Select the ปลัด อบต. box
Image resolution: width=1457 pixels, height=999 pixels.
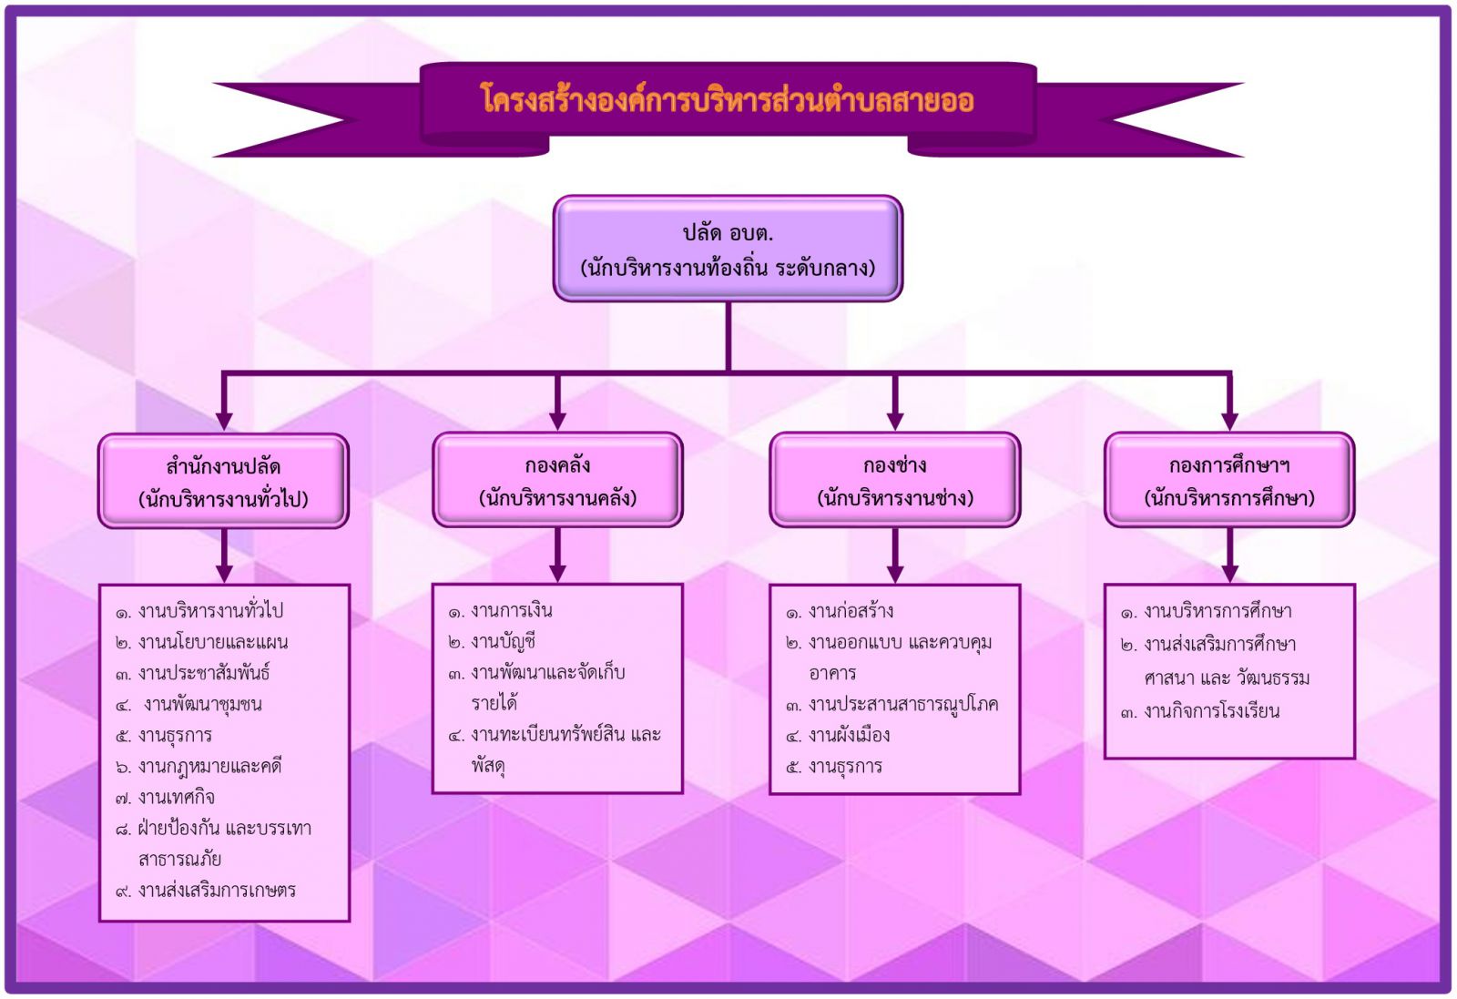click(728, 249)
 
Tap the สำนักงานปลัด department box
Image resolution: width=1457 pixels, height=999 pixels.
click(223, 482)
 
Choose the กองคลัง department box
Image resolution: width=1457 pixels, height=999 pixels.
click(557, 480)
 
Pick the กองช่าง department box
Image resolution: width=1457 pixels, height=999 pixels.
click(895, 480)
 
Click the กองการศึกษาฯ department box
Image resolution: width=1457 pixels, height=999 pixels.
click(1229, 480)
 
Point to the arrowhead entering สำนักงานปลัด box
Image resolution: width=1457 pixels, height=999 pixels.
click(224, 421)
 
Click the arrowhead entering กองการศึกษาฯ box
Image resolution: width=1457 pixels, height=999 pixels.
click(1229, 421)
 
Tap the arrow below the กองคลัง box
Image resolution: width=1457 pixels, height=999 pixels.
click(557, 555)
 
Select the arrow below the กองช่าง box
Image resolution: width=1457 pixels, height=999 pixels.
click(895, 555)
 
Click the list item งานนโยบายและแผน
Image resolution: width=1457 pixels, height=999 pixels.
click(201, 643)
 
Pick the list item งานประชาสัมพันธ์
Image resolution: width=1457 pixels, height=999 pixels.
click(192, 673)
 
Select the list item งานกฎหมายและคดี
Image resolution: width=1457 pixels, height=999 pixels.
click(199, 767)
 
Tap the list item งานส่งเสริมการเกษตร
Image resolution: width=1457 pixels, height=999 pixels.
click(206, 891)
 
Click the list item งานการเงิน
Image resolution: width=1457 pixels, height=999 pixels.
click(500, 611)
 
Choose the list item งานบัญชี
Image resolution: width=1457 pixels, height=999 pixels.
click(492, 642)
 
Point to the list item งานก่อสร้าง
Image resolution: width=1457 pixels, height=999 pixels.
click(840, 611)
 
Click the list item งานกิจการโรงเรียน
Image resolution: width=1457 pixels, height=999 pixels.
click(1200, 711)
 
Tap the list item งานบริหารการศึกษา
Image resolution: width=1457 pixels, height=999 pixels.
click(1207, 611)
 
